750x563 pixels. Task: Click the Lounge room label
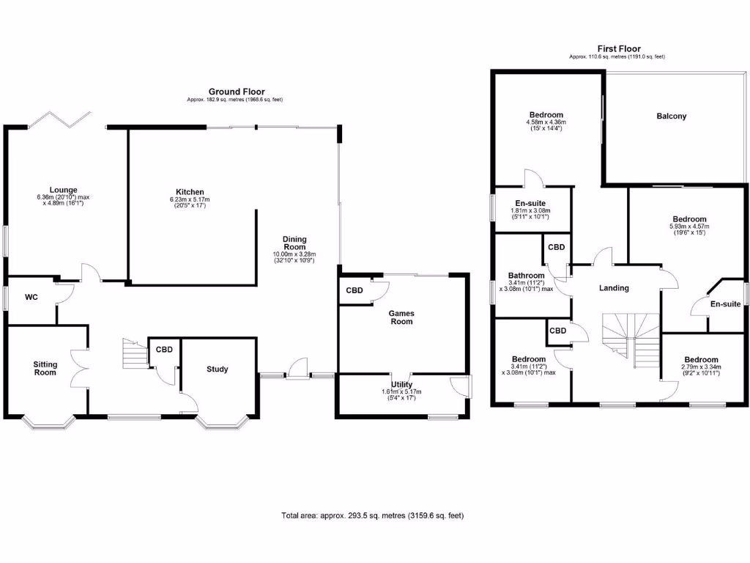tap(63, 190)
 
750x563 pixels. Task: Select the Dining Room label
tap(294, 243)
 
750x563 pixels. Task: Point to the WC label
tap(31, 298)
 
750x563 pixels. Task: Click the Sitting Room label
tap(45, 368)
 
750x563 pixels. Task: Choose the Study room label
tap(217, 369)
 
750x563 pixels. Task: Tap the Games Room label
tap(401, 317)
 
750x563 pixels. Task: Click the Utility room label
tap(402, 385)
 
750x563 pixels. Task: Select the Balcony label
tap(672, 117)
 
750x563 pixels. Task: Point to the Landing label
tap(614, 288)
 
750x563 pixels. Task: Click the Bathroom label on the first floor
tap(526, 276)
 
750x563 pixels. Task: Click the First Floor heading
tap(619, 49)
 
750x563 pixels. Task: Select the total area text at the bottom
tap(373, 515)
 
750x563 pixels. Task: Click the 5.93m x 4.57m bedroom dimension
tap(689, 227)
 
